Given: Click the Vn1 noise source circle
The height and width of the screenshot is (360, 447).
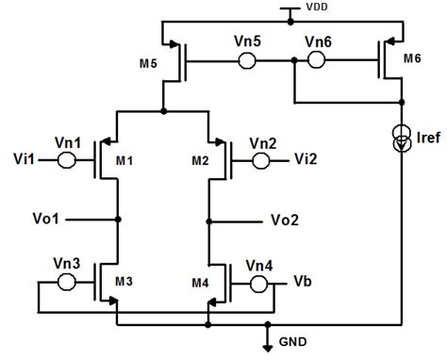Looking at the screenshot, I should pyautogui.click(x=67, y=160).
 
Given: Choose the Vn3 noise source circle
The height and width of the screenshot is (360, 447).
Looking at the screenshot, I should pyautogui.click(x=67, y=282).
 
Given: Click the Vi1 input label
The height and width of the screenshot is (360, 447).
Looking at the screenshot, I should pyautogui.click(x=25, y=160).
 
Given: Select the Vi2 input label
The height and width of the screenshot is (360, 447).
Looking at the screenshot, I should pyautogui.click(x=306, y=161).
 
